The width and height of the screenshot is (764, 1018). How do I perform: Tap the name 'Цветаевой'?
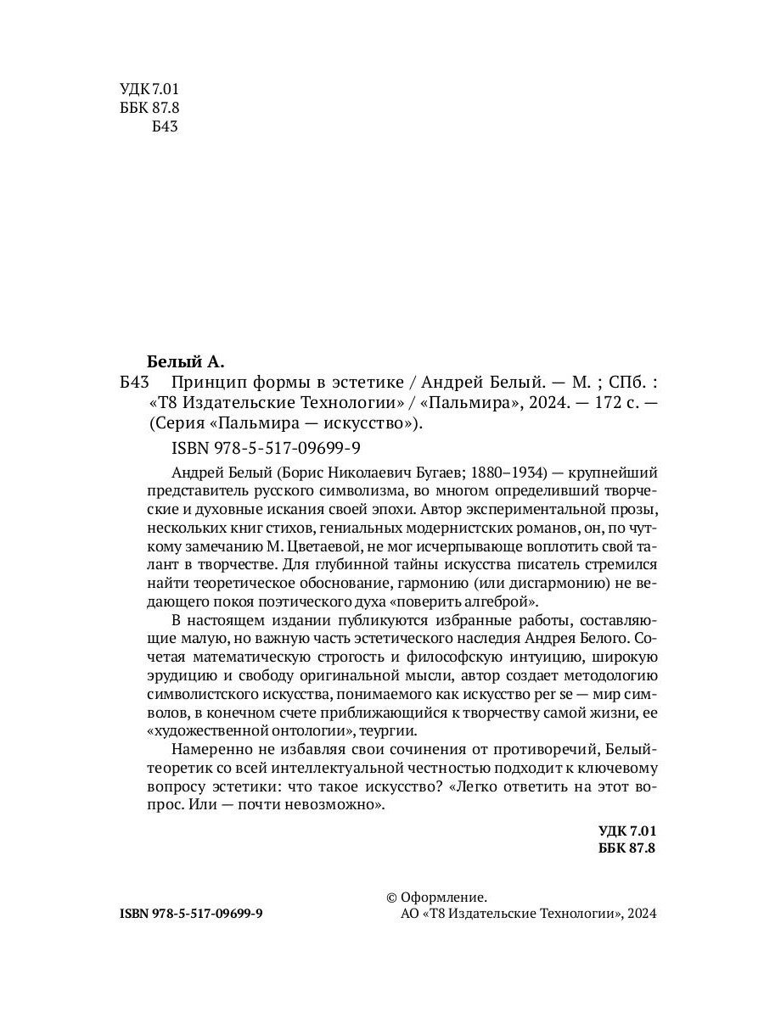coord(344,545)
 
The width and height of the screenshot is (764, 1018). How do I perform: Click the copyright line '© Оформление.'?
coord(436,898)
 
